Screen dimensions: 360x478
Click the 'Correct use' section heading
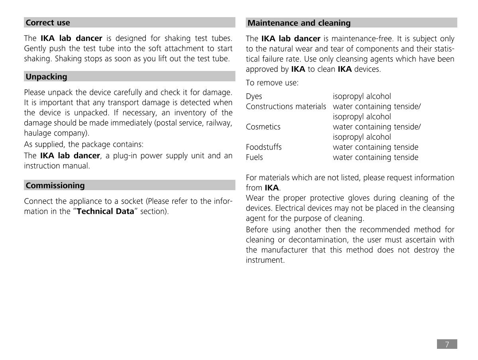pyautogui.click(x=48, y=23)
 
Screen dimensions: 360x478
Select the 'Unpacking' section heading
pyautogui.click(x=46, y=77)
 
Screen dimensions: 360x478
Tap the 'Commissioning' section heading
pyautogui.click(x=55, y=185)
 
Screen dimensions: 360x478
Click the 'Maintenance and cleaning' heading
pyautogui.click(x=299, y=23)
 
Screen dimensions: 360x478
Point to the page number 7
pyautogui.click(x=447, y=344)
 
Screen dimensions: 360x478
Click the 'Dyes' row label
pyautogui.click(x=254, y=96)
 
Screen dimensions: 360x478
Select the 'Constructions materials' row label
pyautogui.click(x=286, y=106)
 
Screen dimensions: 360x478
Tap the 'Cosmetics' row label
pyautogui.click(x=263, y=127)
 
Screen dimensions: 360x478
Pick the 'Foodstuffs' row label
pyautogui.click(x=264, y=147)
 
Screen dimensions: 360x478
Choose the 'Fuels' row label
pyautogui.click(x=254, y=157)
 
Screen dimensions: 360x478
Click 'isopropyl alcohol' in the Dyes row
pyautogui.click(x=362, y=96)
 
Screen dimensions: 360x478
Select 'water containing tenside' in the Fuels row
pyautogui.click(x=375, y=157)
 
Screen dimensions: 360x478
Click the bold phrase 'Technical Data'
pyautogui.click(x=105, y=211)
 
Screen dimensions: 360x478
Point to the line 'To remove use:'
pyautogui.click(x=272, y=83)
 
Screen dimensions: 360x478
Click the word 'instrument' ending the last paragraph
pyautogui.click(x=264, y=260)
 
